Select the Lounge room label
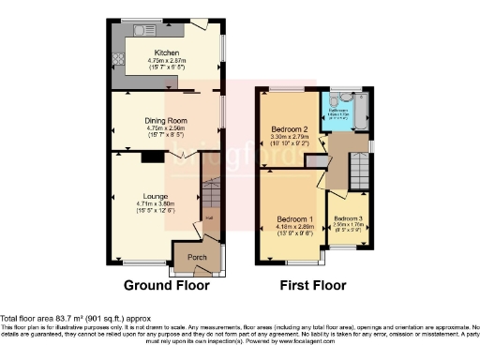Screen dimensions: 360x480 click(x=155, y=196)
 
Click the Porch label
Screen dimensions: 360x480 click(x=197, y=257)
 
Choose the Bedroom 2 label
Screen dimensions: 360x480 click(x=290, y=129)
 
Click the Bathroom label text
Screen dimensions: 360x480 click(x=338, y=109)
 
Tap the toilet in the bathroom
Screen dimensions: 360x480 click(x=346, y=97)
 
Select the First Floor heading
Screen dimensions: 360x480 click(x=311, y=285)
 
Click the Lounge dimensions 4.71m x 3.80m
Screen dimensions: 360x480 click(x=154, y=204)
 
